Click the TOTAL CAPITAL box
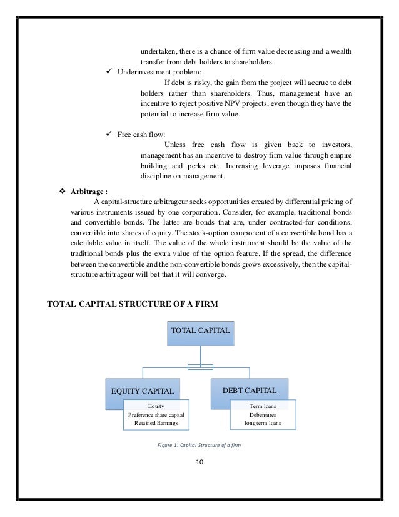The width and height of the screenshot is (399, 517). (x=200, y=329)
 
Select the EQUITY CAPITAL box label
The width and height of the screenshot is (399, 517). (x=143, y=392)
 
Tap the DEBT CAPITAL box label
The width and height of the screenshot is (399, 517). (x=249, y=391)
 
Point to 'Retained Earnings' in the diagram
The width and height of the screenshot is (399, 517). (x=156, y=423)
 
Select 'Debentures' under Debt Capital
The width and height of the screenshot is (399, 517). (x=263, y=414)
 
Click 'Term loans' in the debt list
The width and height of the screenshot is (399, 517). (x=263, y=406)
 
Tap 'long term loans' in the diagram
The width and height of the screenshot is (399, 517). (x=263, y=423)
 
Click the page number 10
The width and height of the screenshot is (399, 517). (x=200, y=463)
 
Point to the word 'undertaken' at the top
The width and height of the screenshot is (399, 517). (x=156, y=50)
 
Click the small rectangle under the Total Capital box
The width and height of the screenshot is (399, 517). (x=200, y=367)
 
